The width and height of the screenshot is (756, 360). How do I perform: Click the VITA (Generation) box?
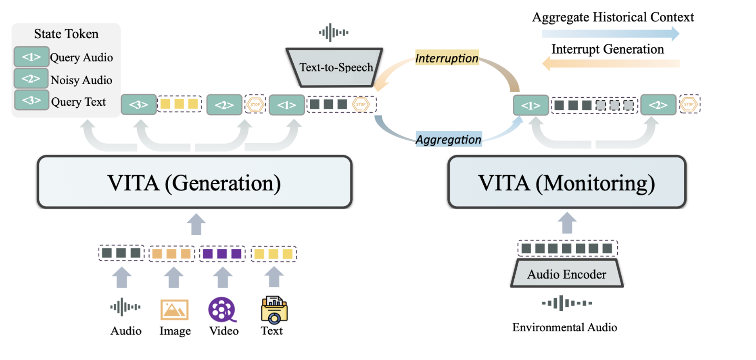(194, 182)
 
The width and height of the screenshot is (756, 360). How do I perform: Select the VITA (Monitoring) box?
(567, 182)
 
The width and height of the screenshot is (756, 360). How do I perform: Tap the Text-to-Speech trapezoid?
(334, 67)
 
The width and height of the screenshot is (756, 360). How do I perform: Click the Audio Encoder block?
(567, 274)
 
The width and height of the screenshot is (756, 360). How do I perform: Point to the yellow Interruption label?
(447, 58)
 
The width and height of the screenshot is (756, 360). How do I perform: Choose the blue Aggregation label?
(449, 139)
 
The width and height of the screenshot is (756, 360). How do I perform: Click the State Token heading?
(66, 34)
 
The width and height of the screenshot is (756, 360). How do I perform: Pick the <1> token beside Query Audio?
(31, 57)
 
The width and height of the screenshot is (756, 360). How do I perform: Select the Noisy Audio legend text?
(81, 80)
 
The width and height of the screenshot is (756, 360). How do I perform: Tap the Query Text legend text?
(79, 102)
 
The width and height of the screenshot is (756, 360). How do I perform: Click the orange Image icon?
(174, 310)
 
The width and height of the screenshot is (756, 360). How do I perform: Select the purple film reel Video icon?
(222, 310)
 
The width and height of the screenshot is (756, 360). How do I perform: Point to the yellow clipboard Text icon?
(274, 310)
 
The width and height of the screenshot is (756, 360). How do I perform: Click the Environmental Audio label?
(565, 327)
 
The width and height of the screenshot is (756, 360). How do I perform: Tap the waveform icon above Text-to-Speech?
(334, 33)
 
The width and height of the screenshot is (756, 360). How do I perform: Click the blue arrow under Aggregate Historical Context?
(610, 33)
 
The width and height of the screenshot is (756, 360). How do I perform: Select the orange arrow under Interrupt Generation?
(610, 63)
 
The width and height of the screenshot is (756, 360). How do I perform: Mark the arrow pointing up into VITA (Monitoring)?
(567, 223)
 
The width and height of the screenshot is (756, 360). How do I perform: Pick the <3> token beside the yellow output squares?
(139, 105)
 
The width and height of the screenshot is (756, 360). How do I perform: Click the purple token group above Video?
(222, 254)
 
